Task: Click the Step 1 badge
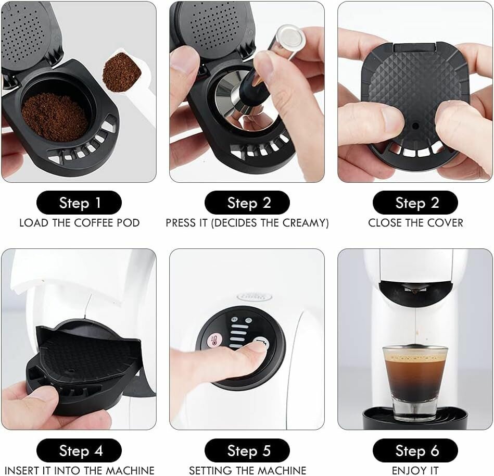79,203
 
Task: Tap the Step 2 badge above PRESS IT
247,203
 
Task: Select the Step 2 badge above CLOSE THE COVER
415,203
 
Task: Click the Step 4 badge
79,450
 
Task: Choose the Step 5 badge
247,450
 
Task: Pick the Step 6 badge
415,450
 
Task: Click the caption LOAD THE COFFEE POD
79,223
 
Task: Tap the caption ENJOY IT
415,471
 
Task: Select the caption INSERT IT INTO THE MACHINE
79,471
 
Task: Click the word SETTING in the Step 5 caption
208,471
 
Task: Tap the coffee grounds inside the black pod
55,116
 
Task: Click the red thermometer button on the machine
213,342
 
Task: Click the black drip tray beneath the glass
415,417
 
